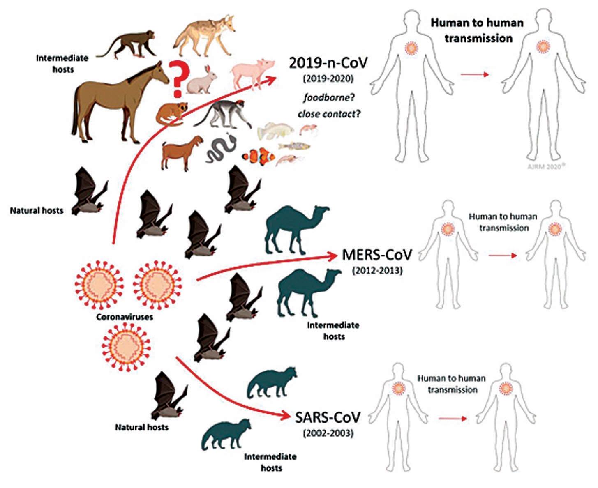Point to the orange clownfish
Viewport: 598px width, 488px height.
258,157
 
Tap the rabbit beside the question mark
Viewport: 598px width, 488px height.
201,81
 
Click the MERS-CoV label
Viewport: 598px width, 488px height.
376,255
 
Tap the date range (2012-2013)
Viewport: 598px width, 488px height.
377,271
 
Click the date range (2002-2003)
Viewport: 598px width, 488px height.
328,433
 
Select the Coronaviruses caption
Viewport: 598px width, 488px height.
124,317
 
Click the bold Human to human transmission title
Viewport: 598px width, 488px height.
477,30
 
